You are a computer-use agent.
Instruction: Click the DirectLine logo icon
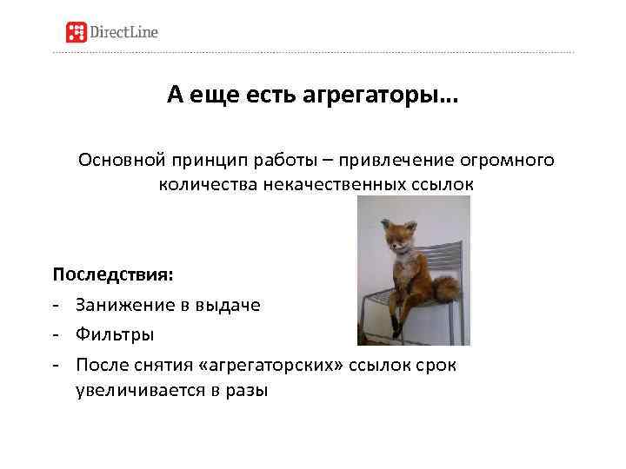point(78,32)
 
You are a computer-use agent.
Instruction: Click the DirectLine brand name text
point(124,33)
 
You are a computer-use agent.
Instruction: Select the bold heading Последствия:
point(113,274)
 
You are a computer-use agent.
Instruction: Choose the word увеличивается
point(143,391)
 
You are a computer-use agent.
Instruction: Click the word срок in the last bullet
point(435,363)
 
